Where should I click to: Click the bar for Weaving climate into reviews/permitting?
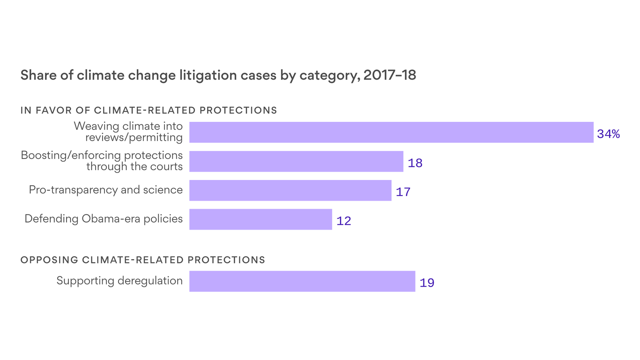point(391,132)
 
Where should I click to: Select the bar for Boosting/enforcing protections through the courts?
point(296,161)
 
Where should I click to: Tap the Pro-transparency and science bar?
point(290,190)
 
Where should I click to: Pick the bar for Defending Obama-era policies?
point(260,219)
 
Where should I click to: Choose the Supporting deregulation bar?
point(302,281)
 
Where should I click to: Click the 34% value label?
point(608,135)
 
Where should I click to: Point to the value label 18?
point(415,164)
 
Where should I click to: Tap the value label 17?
point(403,192)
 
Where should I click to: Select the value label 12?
point(343,221)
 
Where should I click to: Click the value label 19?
point(427,283)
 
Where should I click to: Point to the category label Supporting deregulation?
point(119,281)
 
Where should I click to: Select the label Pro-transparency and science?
point(106,190)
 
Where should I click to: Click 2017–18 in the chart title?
point(389,75)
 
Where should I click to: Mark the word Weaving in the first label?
point(97,127)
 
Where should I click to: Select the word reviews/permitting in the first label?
point(134,137)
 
